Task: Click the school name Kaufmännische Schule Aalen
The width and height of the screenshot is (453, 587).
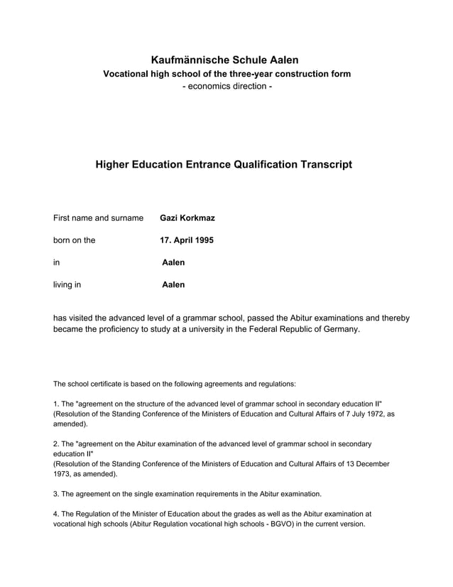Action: pyautogui.click(x=225, y=60)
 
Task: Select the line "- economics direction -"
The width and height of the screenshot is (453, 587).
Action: pyautogui.click(x=226, y=87)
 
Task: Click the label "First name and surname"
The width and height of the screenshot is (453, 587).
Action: pyautogui.click(x=98, y=217)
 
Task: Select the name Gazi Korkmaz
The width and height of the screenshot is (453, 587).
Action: pyautogui.click(x=187, y=217)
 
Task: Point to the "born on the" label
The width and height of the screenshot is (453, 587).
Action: pyautogui.click(x=74, y=240)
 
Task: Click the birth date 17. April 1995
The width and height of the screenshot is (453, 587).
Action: pyautogui.click(x=187, y=240)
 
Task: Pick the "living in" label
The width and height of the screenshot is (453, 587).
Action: pyautogui.click(x=67, y=284)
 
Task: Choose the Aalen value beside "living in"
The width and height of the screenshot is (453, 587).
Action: pyautogui.click(x=173, y=284)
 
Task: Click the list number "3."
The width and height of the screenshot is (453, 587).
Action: pyautogui.click(x=57, y=493)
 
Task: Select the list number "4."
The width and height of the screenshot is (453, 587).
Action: pyautogui.click(x=57, y=513)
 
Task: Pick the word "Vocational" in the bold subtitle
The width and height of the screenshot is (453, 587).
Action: pyautogui.click(x=129, y=74)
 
